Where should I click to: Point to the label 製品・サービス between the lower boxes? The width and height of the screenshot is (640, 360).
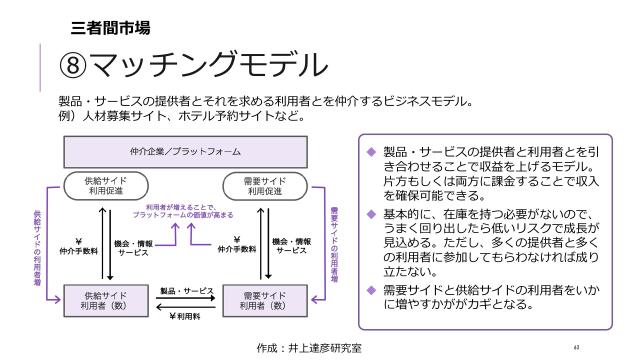pyautogui.click(x=187, y=291)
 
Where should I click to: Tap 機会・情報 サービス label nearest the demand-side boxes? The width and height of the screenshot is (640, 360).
pyautogui.click(x=291, y=249)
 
